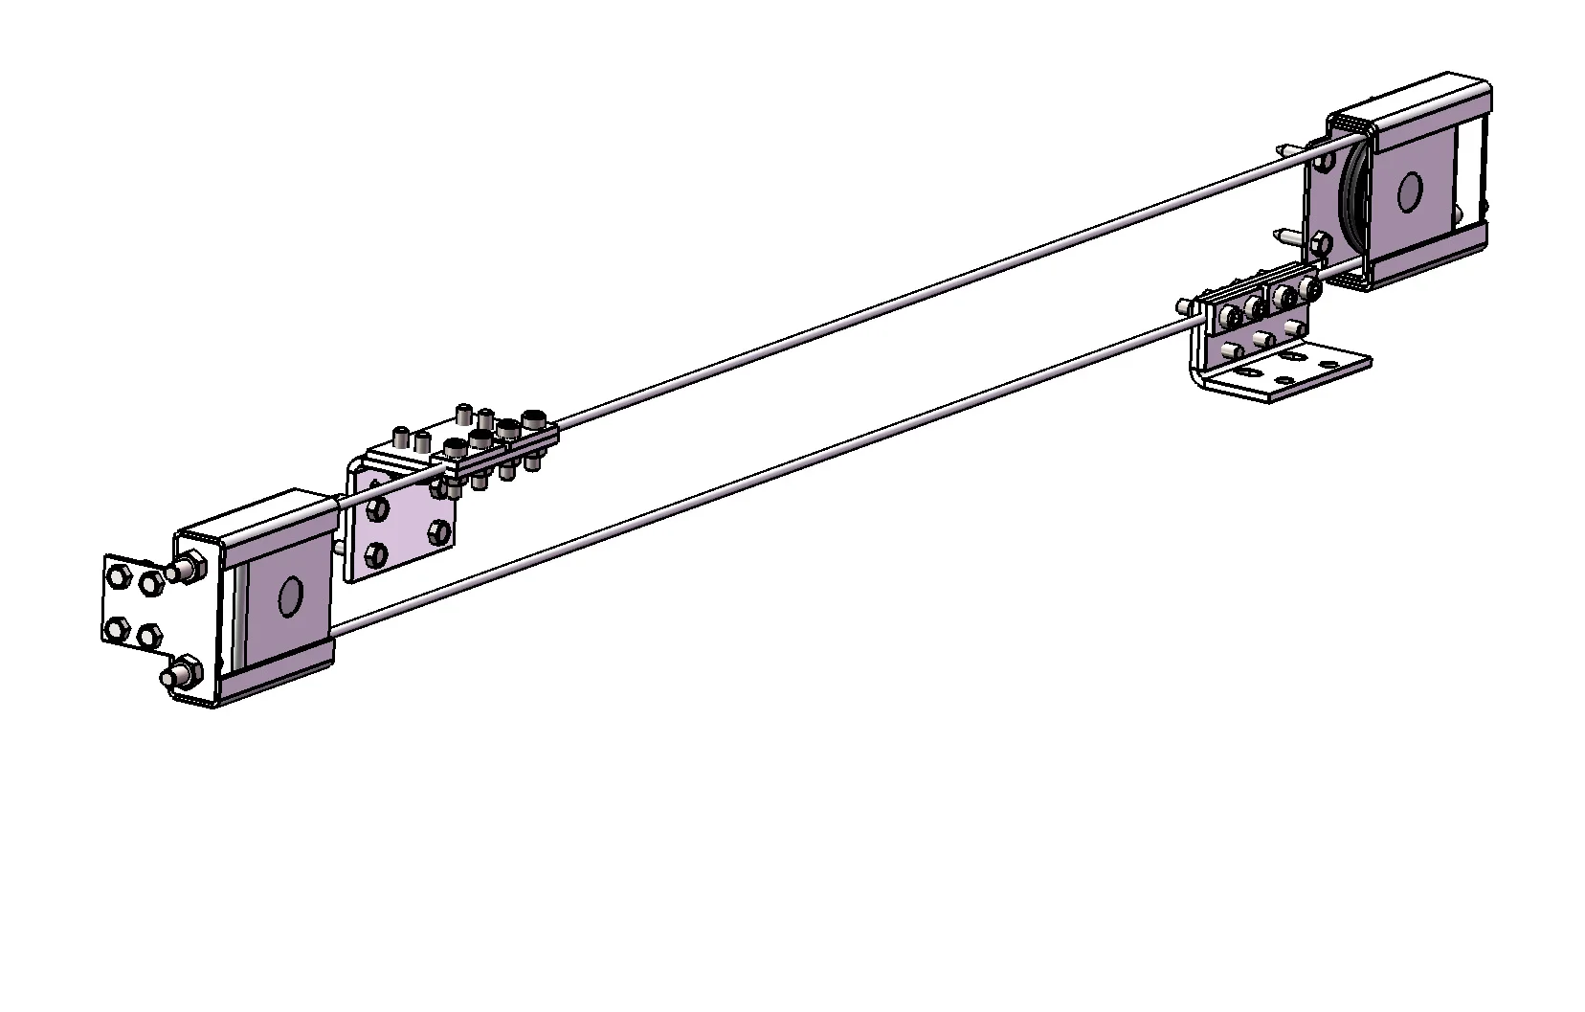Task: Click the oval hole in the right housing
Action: pyautogui.click(x=1408, y=192)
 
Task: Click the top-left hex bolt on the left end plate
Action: pyautogui.click(x=119, y=576)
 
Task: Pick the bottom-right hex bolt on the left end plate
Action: pyautogui.click(x=149, y=635)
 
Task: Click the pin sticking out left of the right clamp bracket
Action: pyautogui.click(x=1186, y=307)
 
